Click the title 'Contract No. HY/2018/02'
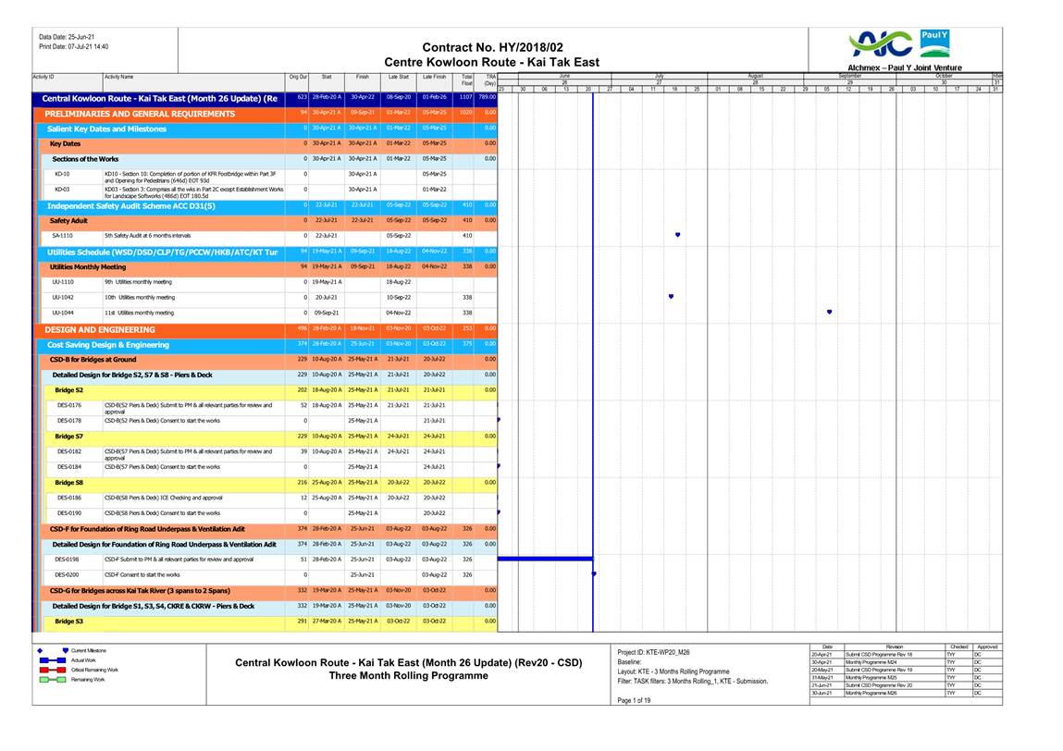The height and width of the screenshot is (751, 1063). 491,47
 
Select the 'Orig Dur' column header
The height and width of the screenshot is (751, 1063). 298,77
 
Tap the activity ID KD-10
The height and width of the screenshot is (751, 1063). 63,173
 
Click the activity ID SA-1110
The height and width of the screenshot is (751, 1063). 63,236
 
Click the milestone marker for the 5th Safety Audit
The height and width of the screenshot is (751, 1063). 678,236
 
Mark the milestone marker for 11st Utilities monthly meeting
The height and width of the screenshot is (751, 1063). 829,313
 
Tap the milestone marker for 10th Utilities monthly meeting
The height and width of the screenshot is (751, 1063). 671,297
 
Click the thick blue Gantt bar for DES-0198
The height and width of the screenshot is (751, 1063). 545,559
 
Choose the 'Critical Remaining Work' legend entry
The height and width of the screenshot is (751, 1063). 94,670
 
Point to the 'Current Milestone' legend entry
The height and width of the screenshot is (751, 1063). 88,650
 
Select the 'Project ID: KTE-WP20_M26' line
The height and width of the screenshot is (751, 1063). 653,651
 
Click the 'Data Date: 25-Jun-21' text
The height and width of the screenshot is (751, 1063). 67,37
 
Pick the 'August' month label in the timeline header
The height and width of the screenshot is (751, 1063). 755,76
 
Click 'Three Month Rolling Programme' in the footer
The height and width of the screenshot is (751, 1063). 409,675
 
